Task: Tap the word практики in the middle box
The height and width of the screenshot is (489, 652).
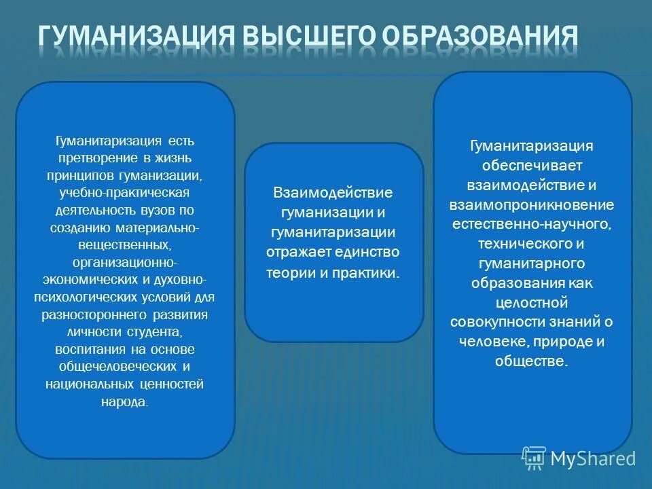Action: pyautogui.click(x=371, y=272)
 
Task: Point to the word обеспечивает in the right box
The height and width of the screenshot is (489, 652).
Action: pyautogui.click(x=532, y=165)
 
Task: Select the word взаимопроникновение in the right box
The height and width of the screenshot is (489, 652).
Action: pyautogui.click(x=532, y=204)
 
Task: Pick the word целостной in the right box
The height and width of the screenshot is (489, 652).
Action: pyautogui.click(x=532, y=302)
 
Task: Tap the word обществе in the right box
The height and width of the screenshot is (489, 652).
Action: pyautogui.click(x=532, y=361)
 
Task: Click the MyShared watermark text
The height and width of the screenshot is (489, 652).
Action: pyautogui.click(x=593, y=458)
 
